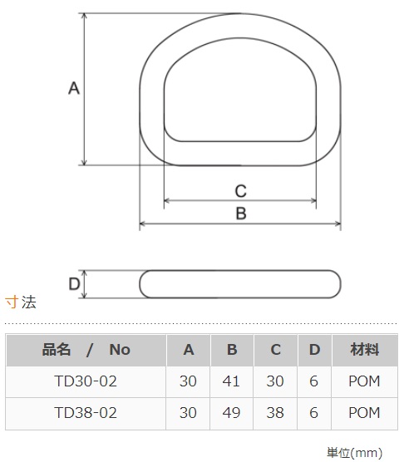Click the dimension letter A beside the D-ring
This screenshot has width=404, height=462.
tap(74, 88)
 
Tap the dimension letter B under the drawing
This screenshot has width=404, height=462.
tap(241, 214)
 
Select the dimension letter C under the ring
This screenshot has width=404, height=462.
tap(241, 191)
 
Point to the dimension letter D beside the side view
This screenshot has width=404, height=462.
tap(74, 284)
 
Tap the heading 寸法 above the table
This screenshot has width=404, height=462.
tap(21, 302)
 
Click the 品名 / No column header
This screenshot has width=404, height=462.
tap(86, 350)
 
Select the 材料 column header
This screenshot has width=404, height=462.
tap(364, 350)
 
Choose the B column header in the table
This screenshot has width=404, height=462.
tap(232, 350)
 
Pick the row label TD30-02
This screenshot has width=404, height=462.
tap(86, 381)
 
